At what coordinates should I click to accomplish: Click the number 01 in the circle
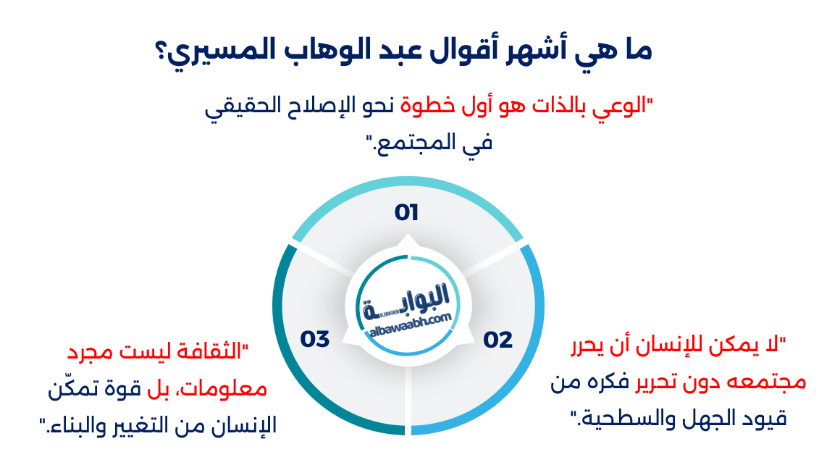coord(407,212)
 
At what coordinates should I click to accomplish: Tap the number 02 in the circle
coord(497,339)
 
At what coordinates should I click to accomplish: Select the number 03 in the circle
coord(315,338)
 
